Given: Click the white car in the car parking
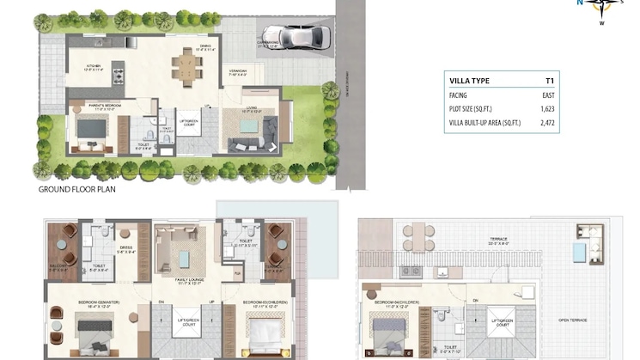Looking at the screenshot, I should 307,37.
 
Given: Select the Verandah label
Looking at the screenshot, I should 237,72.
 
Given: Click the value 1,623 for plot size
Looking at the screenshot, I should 548,110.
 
